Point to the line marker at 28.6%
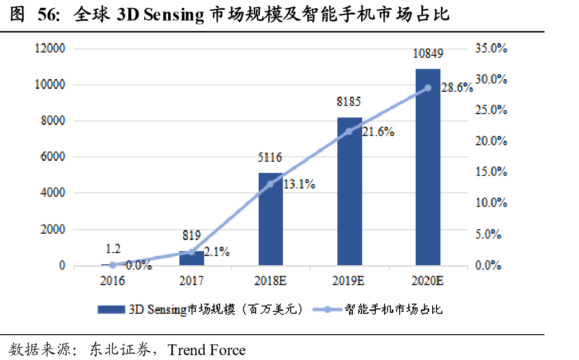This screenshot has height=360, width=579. [428, 88]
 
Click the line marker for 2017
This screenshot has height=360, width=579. [192, 252]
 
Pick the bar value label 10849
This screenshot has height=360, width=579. [428, 53]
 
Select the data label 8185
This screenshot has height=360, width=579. [350, 103]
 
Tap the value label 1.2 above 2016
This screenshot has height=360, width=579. [113, 249]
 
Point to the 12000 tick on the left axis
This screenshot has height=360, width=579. [49, 49]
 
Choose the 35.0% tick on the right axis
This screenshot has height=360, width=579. [491, 49]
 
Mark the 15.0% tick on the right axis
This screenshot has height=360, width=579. [491, 172]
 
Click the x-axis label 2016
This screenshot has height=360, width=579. [113, 281]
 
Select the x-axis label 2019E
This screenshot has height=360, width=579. [350, 281]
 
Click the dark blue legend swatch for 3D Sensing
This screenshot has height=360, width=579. [111, 309]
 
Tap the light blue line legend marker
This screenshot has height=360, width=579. [326, 309]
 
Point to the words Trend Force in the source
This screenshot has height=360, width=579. [207, 349]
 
